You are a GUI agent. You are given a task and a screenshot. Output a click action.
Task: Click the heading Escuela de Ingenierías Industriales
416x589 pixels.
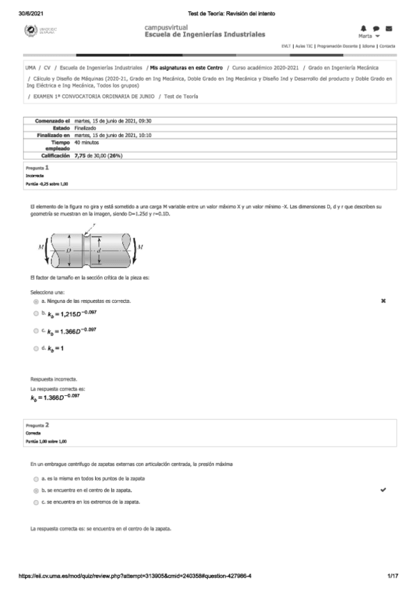tap(204, 34)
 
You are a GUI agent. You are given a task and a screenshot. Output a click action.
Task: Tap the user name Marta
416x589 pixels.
tap(366, 35)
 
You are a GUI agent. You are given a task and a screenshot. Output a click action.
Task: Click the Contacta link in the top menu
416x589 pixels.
tap(387, 46)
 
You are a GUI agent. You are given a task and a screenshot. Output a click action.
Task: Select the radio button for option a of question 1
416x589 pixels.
tap(35, 301)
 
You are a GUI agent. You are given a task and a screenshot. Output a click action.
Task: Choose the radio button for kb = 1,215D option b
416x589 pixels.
tap(35, 315)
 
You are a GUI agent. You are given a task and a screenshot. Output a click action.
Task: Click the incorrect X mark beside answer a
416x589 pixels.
tap(383, 301)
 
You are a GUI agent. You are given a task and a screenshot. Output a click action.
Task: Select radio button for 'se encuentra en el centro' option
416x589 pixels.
tap(35, 490)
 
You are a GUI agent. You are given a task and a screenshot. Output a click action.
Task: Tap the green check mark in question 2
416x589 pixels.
tap(383, 490)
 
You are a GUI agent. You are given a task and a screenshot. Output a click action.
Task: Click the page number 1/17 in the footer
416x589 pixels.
tap(392, 576)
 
